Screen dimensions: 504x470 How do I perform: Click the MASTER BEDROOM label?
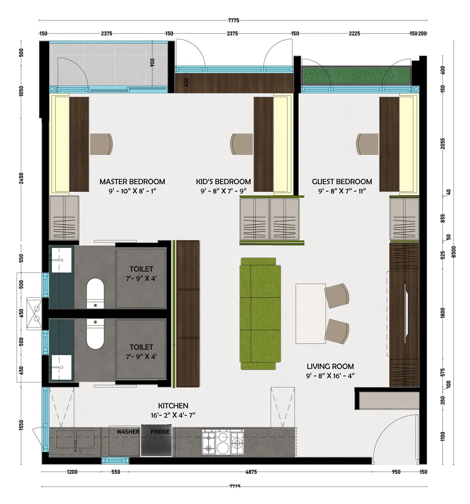click(x=132, y=182)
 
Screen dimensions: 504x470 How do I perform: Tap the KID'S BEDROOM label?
click(x=223, y=182)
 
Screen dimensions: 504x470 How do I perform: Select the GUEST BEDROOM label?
click(x=342, y=182)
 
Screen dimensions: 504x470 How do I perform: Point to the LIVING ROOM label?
click(x=330, y=366)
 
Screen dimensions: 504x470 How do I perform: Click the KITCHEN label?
click(x=173, y=406)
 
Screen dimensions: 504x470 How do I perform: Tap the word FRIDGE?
click(x=160, y=431)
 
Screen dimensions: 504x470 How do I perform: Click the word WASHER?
click(x=128, y=431)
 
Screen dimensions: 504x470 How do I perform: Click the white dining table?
click(x=310, y=313)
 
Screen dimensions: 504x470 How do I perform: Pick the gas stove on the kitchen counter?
click(x=223, y=442)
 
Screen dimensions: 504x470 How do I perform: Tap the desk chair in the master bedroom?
click(x=101, y=144)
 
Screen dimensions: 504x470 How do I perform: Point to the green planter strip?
click(x=356, y=75)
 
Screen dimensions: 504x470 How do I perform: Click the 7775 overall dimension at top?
click(x=234, y=20)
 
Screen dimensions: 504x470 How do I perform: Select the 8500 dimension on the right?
click(x=454, y=252)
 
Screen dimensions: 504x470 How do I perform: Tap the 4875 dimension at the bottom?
click(x=251, y=472)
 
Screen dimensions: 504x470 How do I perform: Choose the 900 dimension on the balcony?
click(x=152, y=62)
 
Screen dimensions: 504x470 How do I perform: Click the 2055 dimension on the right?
click(x=443, y=144)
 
